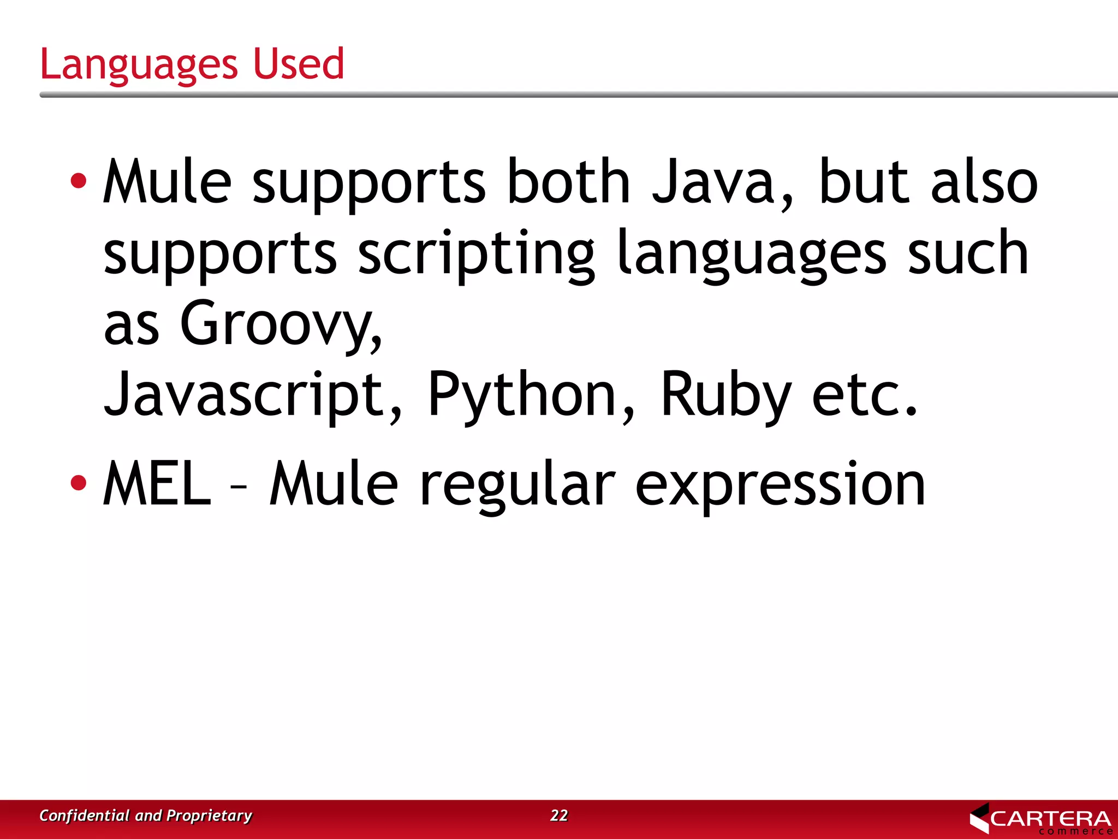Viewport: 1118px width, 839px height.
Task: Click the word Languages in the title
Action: (x=139, y=64)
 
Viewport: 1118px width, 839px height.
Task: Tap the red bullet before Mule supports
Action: (x=79, y=181)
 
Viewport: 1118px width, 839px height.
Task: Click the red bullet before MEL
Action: (x=79, y=482)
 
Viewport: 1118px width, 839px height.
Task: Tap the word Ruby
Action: (x=725, y=394)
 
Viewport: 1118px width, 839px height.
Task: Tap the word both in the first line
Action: (x=568, y=181)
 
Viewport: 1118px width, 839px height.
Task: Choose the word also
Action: (x=984, y=181)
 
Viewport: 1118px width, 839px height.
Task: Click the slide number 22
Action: (x=559, y=815)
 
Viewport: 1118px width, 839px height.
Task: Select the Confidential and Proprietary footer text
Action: (x=146, y=815)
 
